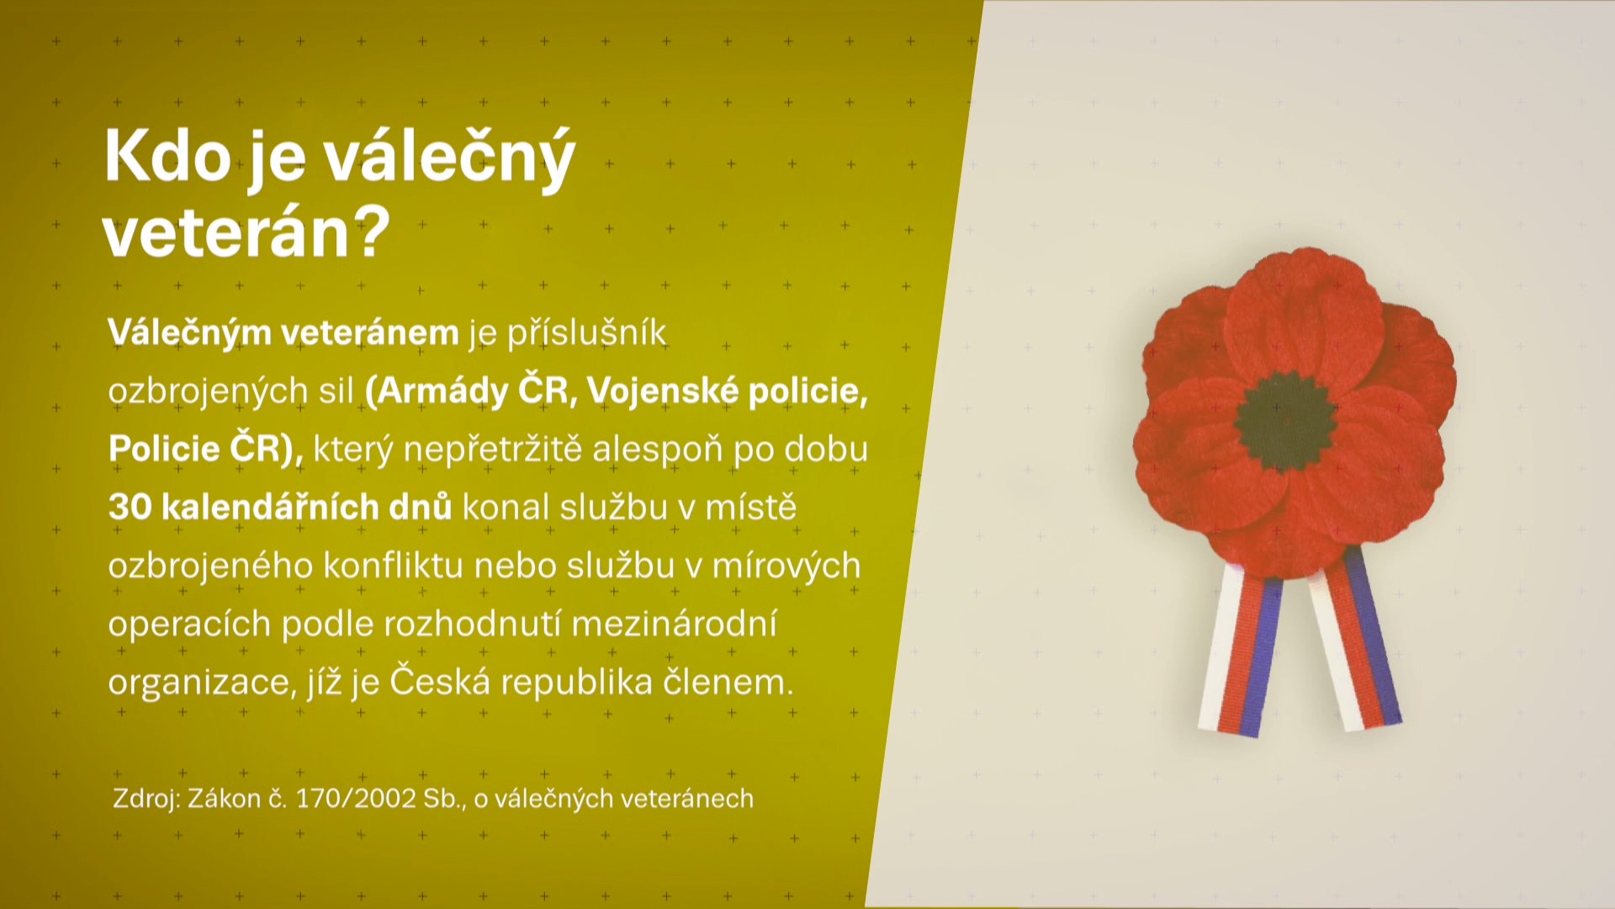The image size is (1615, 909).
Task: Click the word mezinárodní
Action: coord(674,624)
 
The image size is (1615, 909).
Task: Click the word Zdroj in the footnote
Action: coord(146,799)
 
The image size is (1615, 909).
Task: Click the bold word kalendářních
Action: coord(306,508)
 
